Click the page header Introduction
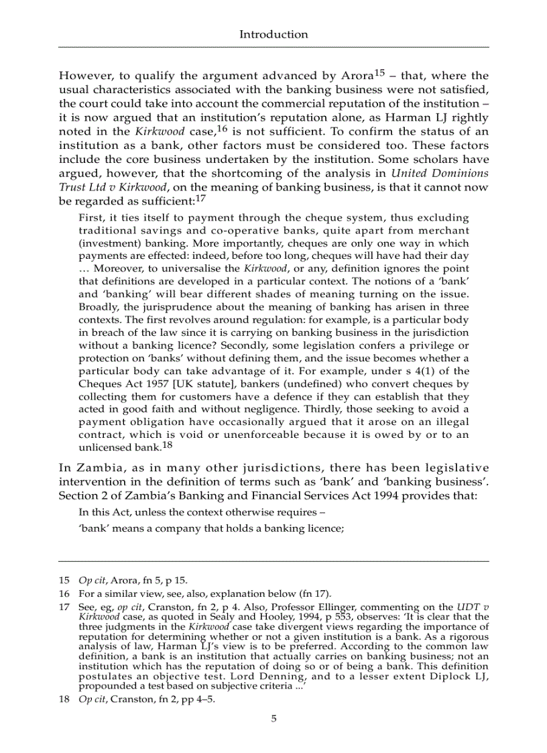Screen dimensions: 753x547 (273, 34)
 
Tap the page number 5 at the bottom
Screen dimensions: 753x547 (273, 719)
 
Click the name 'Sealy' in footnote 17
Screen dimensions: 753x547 (228, 616)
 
